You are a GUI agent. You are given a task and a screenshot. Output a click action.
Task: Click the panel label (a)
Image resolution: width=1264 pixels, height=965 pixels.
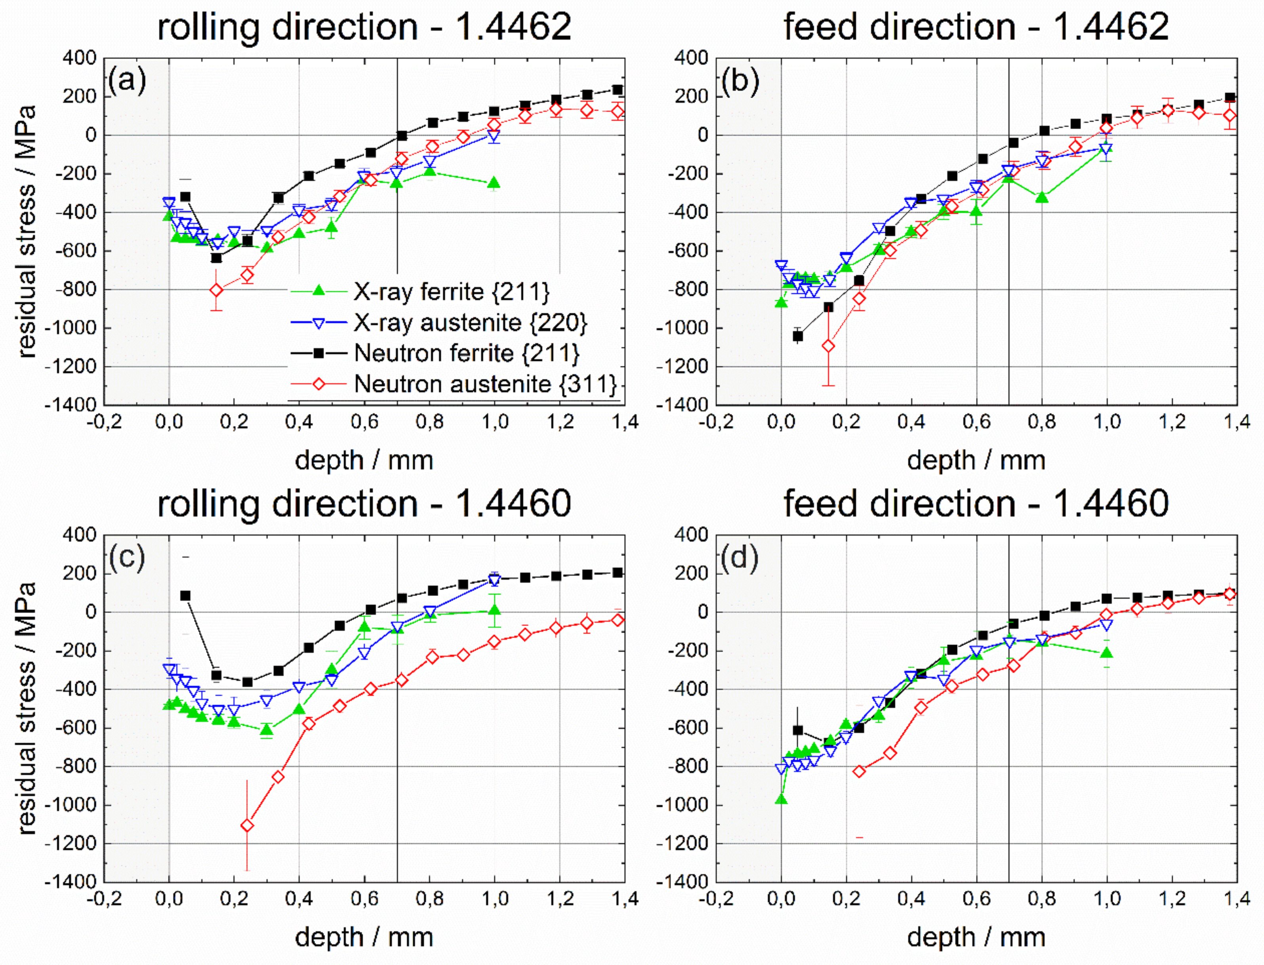tap(127, 80)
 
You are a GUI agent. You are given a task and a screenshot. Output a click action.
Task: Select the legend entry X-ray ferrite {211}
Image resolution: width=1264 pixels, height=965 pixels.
tap(451, 292)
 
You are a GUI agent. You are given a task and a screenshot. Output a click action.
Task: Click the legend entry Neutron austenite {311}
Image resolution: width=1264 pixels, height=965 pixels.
tap(485, 384)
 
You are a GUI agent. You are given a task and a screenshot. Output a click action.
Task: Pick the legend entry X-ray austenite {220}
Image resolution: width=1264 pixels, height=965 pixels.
tap(470, 323)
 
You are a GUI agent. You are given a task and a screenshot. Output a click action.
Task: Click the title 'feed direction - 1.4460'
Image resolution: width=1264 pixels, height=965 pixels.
tap(976, 503)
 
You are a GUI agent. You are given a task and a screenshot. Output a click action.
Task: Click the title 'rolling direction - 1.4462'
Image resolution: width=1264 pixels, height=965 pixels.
tap(364, 27)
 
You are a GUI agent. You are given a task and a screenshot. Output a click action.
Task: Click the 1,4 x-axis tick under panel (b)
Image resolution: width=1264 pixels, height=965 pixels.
tap(1236, 422)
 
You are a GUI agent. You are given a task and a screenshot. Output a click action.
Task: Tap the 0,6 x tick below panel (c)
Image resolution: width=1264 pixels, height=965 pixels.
tap(364, 899)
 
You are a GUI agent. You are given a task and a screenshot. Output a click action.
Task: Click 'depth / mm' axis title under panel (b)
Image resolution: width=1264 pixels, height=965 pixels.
tap(976, 461)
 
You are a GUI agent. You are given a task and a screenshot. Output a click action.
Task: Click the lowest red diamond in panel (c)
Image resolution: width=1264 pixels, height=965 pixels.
tap(247, 826)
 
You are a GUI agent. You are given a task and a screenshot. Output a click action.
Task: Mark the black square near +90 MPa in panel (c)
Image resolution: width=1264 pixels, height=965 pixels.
tap(185, 596)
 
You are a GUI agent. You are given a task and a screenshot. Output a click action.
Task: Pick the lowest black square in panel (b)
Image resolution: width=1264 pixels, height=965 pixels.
tap(797, 336)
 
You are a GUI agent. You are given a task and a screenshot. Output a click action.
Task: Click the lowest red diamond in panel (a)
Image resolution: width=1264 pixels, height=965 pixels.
tap(216, 290)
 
